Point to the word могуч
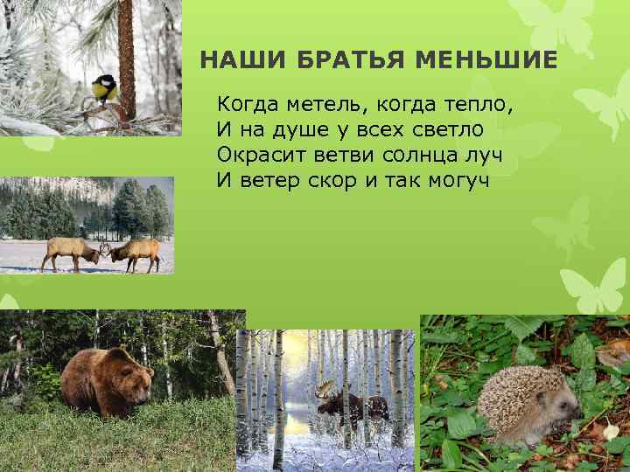point(455,181)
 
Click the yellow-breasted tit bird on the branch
point(104,87)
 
